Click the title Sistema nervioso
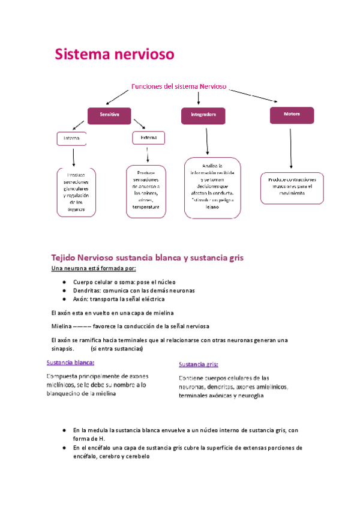[x=115, y=55]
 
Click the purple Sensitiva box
[x=109, y=114]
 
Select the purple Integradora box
[x=203, y=114]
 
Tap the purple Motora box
[x=291, y=113]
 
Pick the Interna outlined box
[x=71, y=139]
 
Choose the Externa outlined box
[x=148, y=138]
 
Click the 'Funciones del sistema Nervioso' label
[x=178, y=86]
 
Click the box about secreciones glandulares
[x=75, y=191]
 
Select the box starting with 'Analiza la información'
[x=212, y=188]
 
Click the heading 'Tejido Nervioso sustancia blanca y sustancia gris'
[x=148, y=258]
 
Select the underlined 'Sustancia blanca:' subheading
[x=71, y=362]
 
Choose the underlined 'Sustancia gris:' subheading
[x=199, y=364]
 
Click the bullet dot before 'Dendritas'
[x=64, y=291]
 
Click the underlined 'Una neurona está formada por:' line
[x=93, y=268]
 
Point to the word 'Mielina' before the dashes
[x=62, y=327]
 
